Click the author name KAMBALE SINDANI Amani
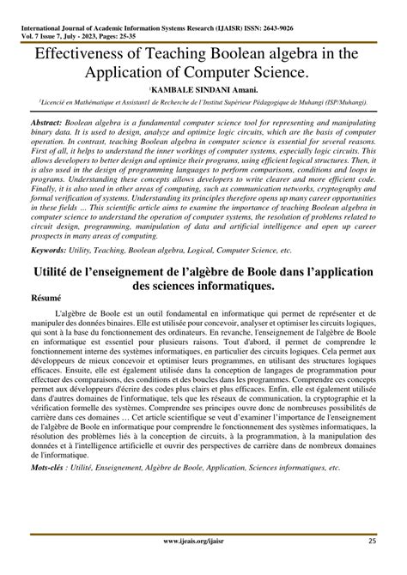(203, 88)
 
